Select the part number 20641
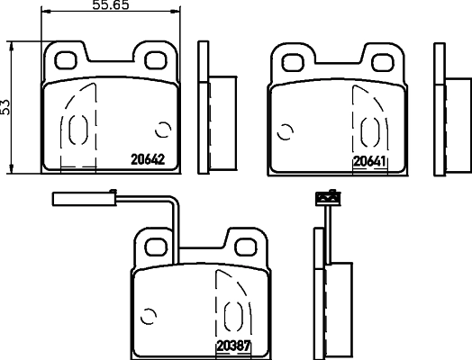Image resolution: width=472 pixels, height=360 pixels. point(369,161)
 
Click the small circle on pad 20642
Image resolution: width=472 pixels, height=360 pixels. point(163,130)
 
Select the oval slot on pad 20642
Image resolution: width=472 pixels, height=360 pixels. point(75,130)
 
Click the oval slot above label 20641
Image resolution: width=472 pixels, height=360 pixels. point(368,131)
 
